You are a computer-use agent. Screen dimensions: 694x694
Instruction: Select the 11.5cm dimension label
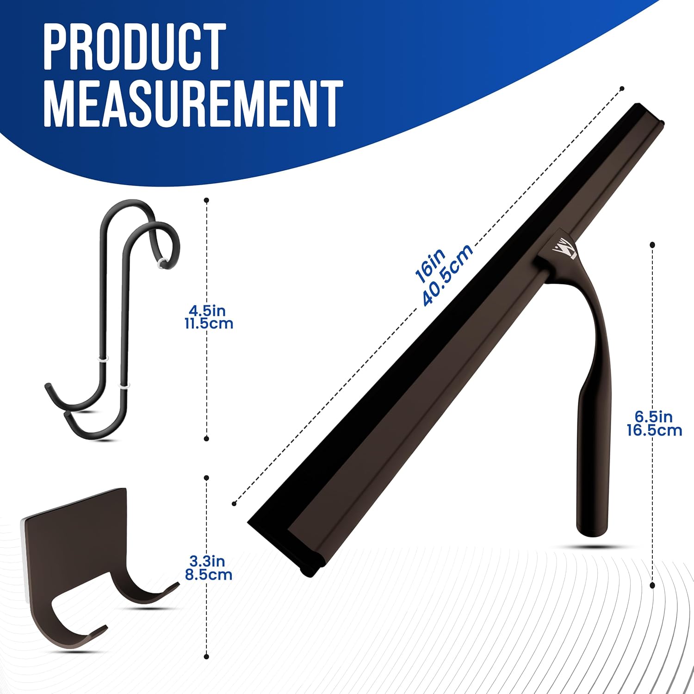(x=209, y=323)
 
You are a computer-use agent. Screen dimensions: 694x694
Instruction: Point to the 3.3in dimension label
(x=207, y=561)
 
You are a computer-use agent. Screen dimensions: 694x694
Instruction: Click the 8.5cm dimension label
(x=209, y=575)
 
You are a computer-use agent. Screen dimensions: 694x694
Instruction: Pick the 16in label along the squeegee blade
(x=430, y=266)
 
